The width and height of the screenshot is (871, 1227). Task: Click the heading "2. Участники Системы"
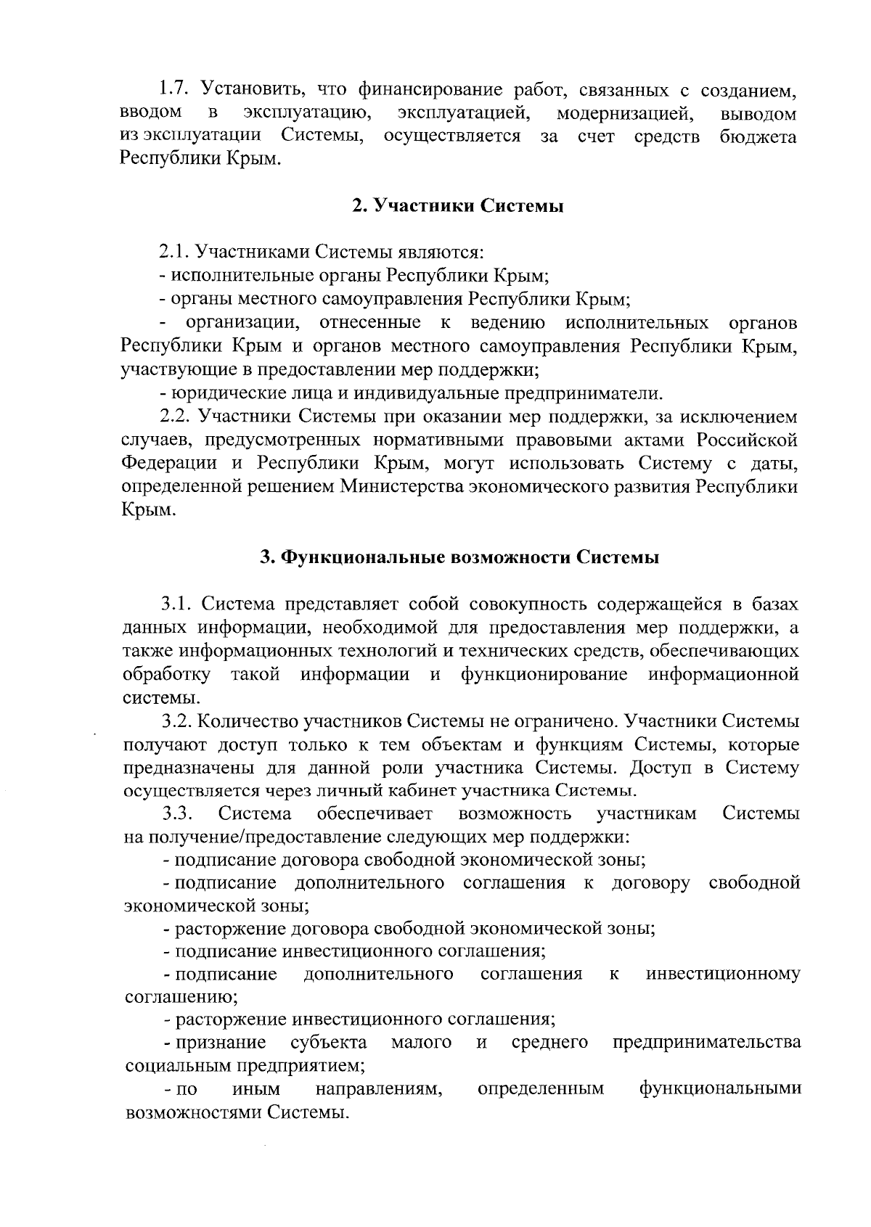coord(458,206)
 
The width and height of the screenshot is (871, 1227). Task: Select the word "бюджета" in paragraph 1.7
coord(758,136)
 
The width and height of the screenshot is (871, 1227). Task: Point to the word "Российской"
coord(748,440)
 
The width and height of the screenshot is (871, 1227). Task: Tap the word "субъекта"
coord(327,1043)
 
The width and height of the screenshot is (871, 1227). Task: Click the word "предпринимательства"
coord(707,1043)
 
